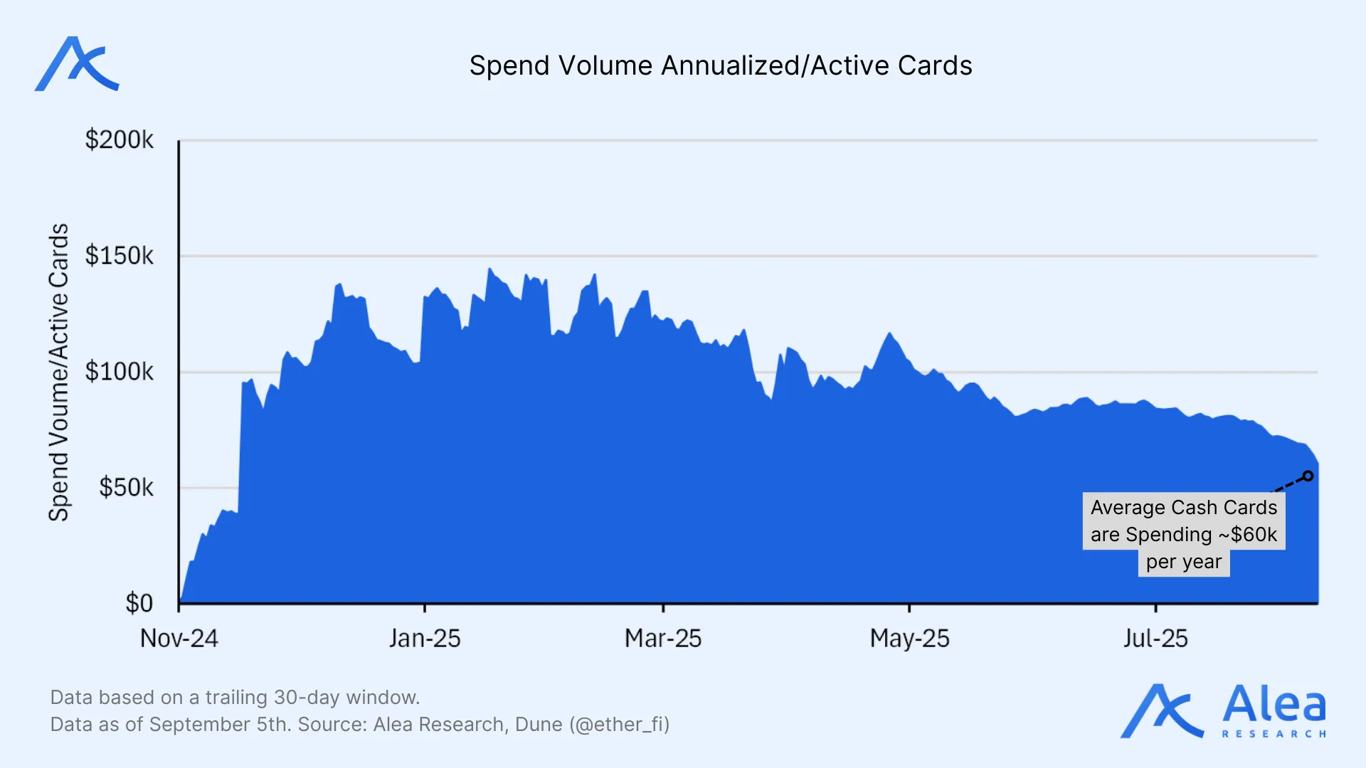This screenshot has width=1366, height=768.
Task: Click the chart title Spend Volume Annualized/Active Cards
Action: (720, 65)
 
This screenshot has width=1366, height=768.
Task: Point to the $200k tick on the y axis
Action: (119, 139)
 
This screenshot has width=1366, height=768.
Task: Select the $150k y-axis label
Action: (119, 255)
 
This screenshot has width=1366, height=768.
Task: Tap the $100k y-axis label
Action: (119, 371)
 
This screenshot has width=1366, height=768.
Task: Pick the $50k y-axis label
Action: (126, 487)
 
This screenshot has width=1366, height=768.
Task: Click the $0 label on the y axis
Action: (139, 603)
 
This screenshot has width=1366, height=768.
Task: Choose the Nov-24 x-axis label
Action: (179, 639)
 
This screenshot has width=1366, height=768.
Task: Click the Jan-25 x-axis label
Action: (425, 639)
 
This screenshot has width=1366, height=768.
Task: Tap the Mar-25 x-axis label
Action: (663, 639)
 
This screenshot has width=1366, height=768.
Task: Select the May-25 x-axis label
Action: (909, 639)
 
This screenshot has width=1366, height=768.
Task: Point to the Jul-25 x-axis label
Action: (1155, 639)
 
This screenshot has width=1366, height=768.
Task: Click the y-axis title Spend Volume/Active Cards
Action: (58, 372)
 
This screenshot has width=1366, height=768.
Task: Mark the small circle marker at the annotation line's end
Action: (1308, 476)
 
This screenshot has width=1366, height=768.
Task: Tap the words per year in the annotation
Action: (1183, 562)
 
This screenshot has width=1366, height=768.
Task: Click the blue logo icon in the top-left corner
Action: (77, 64)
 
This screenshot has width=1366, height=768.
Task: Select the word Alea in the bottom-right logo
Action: (1274, 704)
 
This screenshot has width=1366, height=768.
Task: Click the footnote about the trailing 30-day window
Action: (235, 697)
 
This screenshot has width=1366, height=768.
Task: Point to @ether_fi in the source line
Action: (619, 725)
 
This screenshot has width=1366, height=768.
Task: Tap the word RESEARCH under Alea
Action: (1274, 734)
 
